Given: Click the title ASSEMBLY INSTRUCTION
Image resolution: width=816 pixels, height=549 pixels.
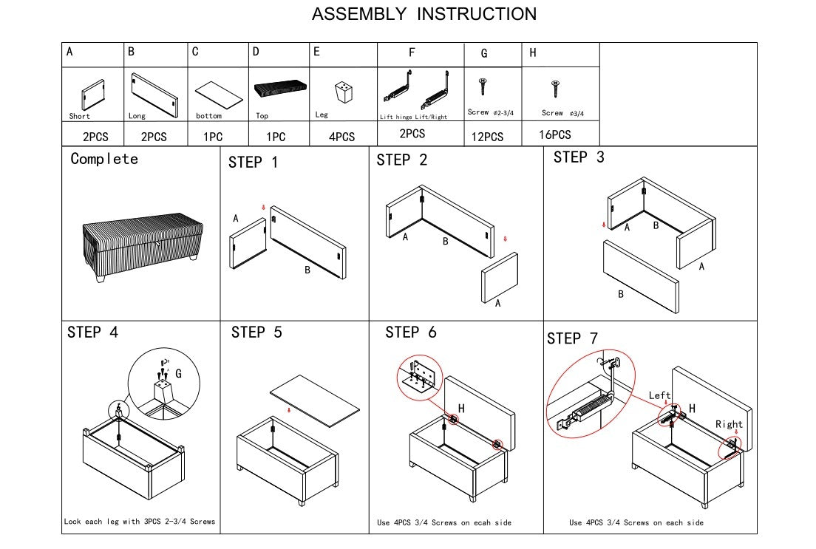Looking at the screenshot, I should [x=424, y=14].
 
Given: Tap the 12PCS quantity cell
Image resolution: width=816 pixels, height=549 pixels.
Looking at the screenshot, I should [x=487, y=137].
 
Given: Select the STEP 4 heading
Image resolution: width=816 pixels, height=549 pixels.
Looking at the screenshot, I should [x=92, y=333].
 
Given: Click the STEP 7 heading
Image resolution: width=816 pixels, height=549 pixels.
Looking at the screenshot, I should [x=572, y=338].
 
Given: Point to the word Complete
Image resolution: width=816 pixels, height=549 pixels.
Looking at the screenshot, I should [x=104, y=159].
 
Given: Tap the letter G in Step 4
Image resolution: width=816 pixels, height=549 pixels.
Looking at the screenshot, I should [x=178, y=375].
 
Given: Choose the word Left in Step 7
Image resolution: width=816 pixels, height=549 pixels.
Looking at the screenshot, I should [x=659, y=395].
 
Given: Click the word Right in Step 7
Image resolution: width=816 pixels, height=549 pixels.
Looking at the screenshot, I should [x=729, y=424].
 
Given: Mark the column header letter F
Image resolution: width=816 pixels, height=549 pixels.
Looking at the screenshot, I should [x=412, y=52].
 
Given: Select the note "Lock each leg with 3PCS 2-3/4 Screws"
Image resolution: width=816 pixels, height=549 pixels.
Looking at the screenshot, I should [x=140, y=521].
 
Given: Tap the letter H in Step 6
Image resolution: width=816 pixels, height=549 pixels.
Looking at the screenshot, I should [x=461, y=409].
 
